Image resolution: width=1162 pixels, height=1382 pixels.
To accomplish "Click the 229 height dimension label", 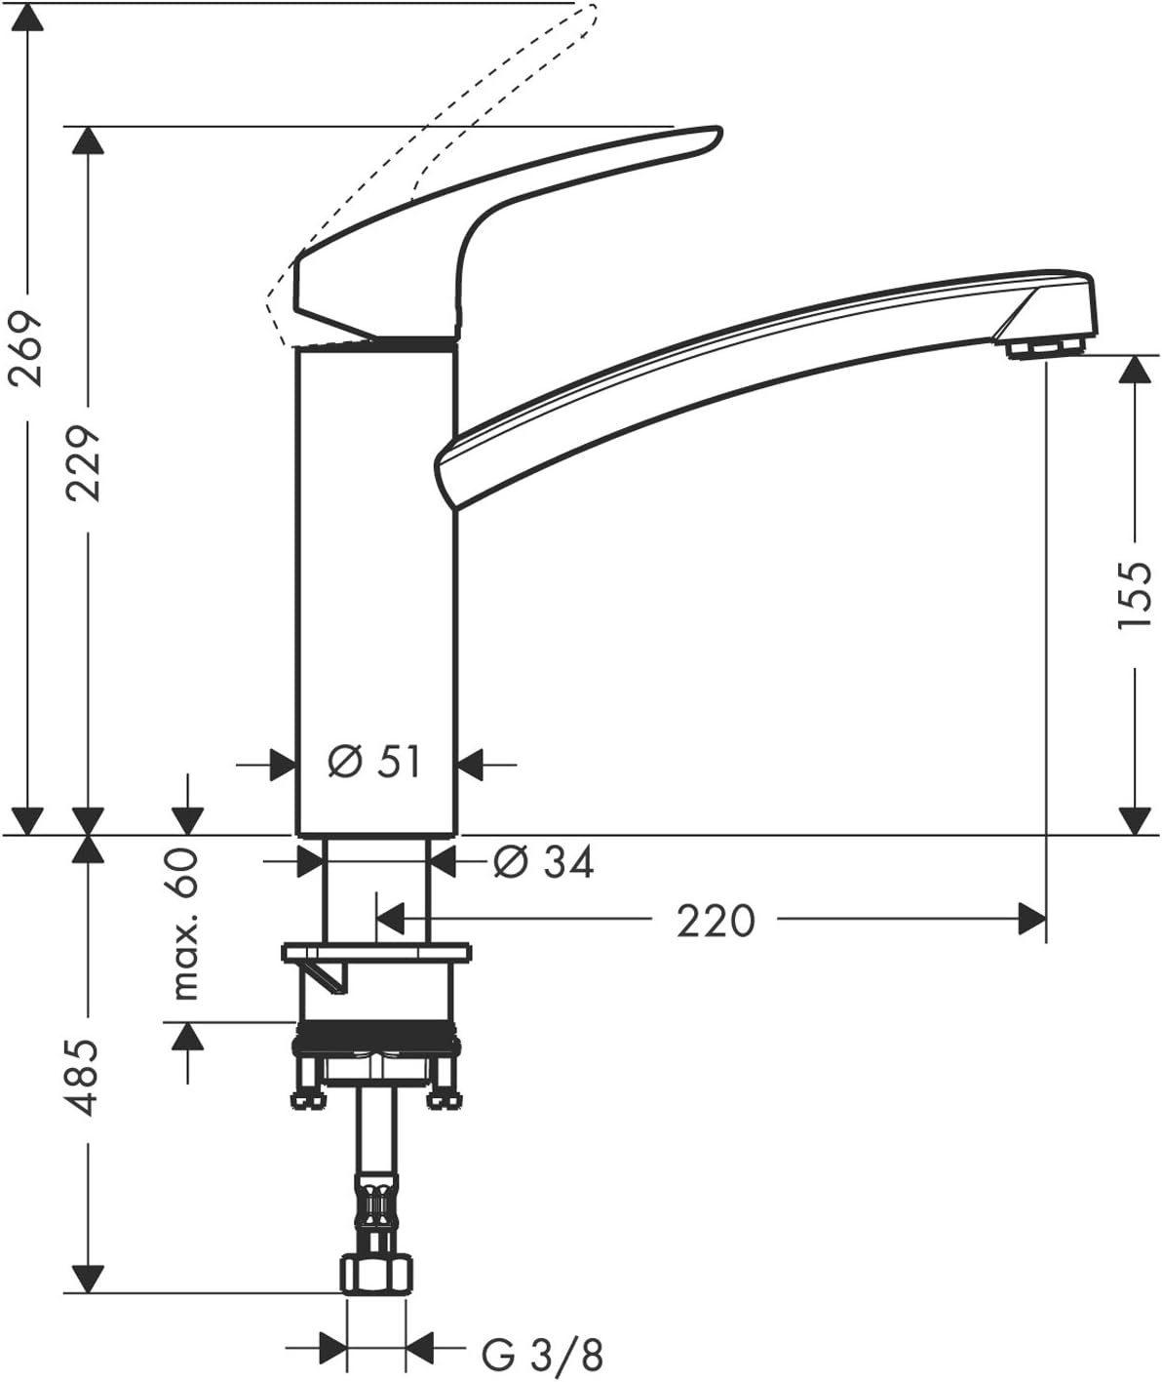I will tap(86, 461).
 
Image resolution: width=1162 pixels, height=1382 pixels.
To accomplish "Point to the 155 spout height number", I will tap(1134, 595).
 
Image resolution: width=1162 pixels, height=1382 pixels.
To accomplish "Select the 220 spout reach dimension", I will tap(715, 920).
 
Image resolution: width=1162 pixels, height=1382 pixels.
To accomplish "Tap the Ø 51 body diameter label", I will tap(374, 763).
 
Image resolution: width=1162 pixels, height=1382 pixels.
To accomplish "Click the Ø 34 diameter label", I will tap(543, 861).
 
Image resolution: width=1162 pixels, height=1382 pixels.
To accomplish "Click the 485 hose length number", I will tap(86, 1078).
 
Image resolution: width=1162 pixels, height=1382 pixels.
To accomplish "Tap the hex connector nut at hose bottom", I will tap(376, 1275).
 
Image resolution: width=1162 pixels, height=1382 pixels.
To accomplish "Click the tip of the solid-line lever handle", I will tap(712, 137).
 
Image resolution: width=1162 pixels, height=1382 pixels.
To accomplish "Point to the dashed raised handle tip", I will tap(589, 12).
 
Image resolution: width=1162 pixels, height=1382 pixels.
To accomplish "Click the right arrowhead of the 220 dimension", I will tap(1032, 919).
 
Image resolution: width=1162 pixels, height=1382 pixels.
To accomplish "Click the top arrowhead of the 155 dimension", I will tap(1134, 370).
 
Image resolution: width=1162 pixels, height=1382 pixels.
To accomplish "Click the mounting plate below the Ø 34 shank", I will tap(376, 952).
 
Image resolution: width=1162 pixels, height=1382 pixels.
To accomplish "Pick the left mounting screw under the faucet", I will tap(308, 1083).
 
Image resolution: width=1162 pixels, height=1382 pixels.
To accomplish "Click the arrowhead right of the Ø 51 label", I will tap(472, 764).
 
